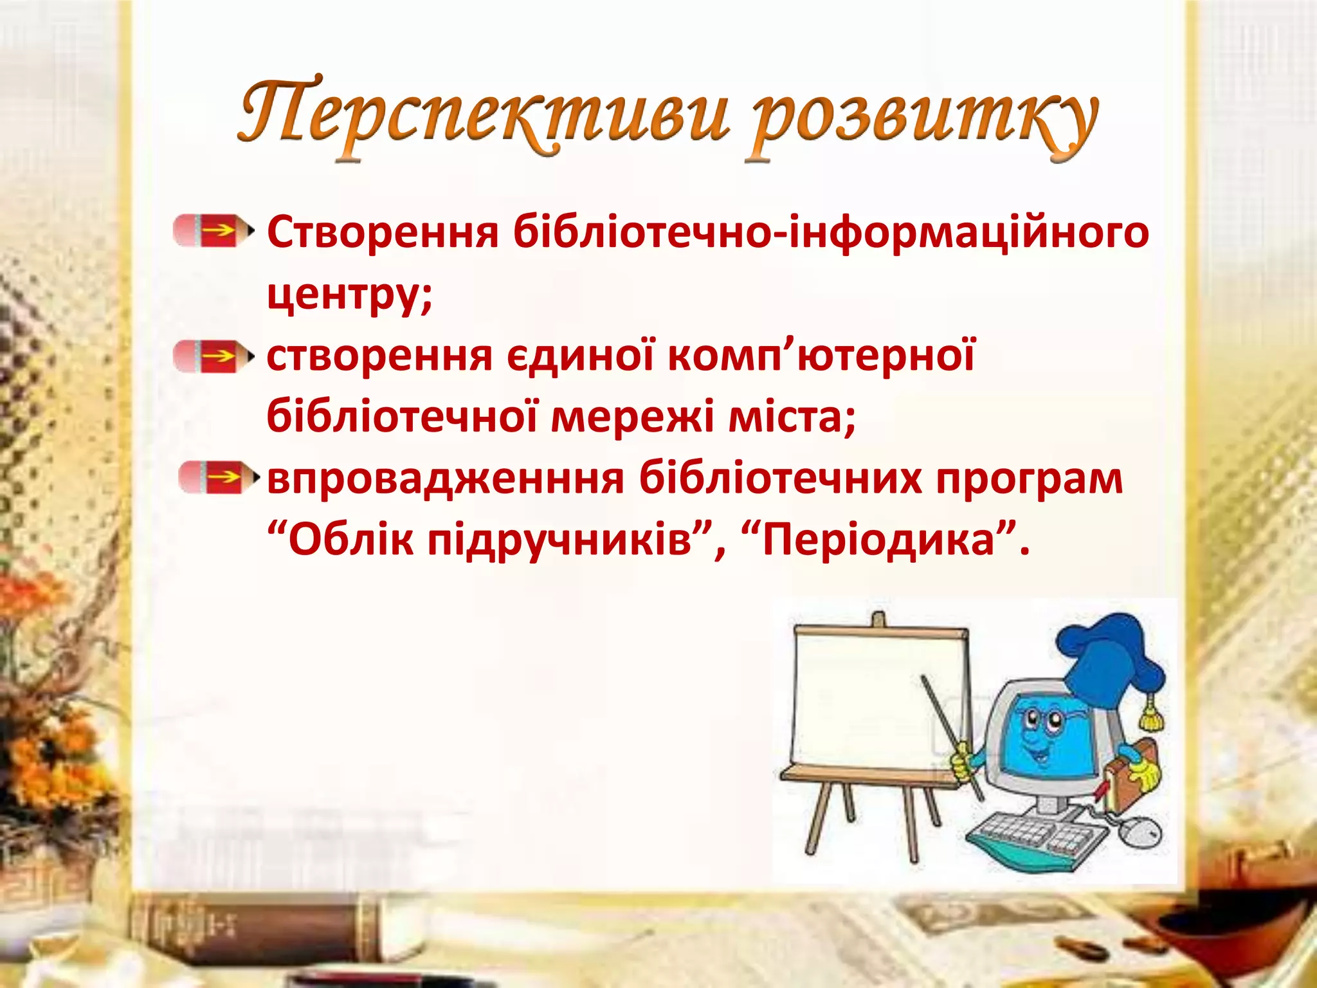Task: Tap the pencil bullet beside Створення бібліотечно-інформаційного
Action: tap(212, 231)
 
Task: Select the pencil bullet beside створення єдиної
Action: tap(212, 356)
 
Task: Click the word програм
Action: tap(1029, 479)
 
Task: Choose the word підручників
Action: tap(559, 540)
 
